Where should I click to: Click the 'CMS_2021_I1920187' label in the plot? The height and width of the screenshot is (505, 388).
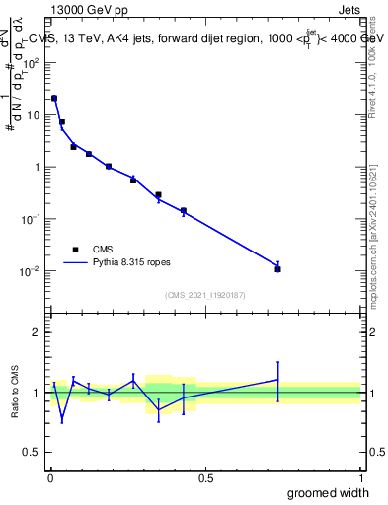pyautogui.click(x=204, y=295)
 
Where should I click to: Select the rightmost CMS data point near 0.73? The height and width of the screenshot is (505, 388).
pyautogui.click(x=278, y=268)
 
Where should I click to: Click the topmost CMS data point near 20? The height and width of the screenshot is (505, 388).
pyautogui.click(x=54, y=98)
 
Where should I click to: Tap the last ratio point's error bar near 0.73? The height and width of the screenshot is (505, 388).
pyautogui.click(x=278, y=381)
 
